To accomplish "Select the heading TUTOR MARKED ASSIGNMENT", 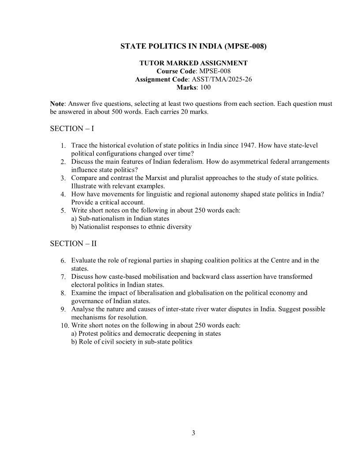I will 193,63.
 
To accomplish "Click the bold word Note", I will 57,104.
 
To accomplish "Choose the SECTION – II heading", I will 73,243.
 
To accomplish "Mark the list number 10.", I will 65,326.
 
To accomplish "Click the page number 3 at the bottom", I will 193,432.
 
